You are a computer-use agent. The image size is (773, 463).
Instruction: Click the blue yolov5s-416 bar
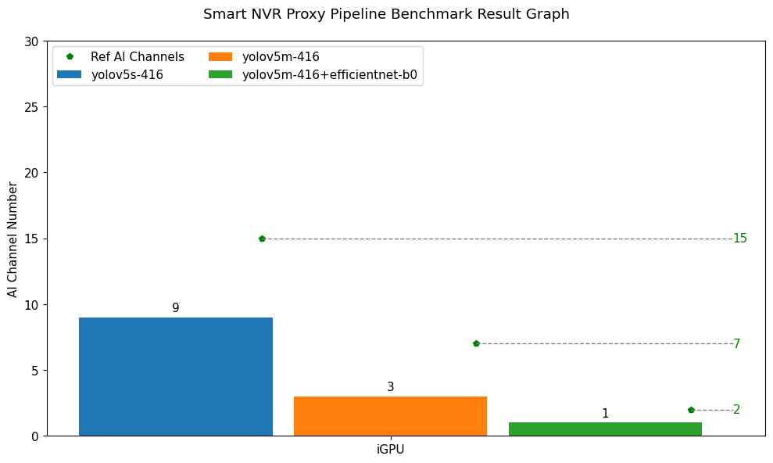click(175, 376)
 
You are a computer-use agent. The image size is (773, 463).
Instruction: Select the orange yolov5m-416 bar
click(390, 416)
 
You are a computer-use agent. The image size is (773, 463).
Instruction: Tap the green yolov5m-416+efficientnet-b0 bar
click(605, 429)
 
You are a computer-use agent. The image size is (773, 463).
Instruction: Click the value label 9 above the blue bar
click(175, 308)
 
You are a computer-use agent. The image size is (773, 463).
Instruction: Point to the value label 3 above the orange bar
click(390, 387)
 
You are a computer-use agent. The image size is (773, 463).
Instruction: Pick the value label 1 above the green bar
click(605, 414)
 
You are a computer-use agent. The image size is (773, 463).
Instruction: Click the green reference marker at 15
click(262, 239)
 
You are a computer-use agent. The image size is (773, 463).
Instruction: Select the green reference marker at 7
click(476, 343)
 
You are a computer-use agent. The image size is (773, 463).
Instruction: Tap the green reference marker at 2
click(691, 410)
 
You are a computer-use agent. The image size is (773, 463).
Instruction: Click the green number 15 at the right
click(739, 239)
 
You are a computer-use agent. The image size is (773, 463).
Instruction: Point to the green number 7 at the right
click(736, 344)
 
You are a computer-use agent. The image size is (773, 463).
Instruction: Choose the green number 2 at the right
click(736, 410)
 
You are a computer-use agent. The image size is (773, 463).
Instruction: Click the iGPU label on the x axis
click(390, 450)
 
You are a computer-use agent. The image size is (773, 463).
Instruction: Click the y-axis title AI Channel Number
click(13, 239)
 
